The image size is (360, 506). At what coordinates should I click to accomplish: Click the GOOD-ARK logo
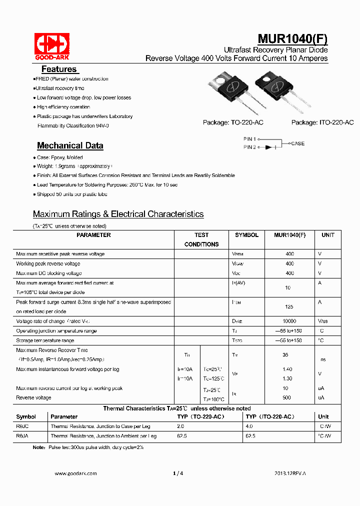[x=51, y=43]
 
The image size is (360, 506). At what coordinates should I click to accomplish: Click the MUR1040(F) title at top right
[x=292, y=39]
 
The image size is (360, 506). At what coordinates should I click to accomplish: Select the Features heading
[x=59, y=69]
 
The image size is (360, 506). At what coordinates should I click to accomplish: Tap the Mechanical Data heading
[x=70, y=145]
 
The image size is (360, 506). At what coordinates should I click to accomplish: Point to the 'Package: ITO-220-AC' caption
[x=322, y=122]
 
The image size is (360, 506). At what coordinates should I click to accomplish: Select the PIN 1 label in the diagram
[x=250, y=139]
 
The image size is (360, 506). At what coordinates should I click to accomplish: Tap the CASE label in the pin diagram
[x=297, y=143]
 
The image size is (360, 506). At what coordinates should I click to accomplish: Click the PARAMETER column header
[x=93, y=235]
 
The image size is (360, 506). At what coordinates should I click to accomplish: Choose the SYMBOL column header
[x=246, y=235]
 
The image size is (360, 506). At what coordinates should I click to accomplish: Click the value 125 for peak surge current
[x=289, y=307]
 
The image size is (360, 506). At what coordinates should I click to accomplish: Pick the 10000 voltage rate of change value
[x=289, y=321]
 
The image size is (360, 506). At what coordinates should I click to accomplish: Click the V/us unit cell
[x=323, y=321]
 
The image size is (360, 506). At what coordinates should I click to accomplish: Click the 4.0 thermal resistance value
[x=249, y=426]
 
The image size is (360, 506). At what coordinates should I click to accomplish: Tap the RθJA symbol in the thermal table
[x=23, y=436]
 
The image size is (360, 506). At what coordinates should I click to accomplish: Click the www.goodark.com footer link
[x=75, y=473]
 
